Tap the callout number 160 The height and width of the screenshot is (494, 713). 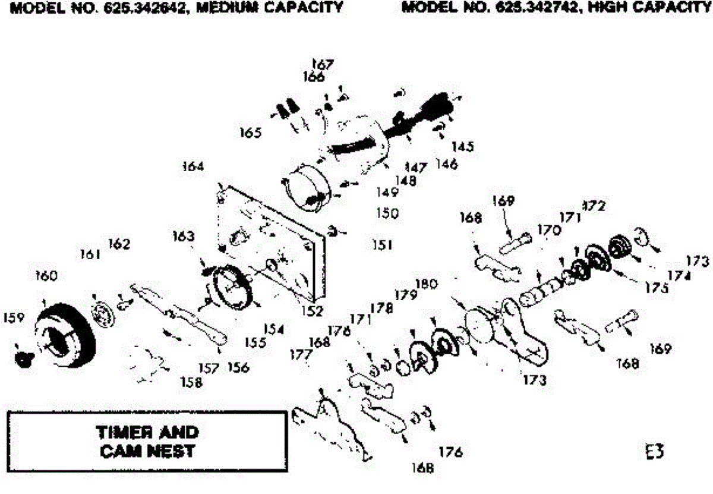tap(46, 276)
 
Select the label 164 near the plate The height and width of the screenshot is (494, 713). tap(193, 167)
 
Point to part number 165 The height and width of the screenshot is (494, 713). tap(250, 133)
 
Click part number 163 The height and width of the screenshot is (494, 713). tap(184, 237)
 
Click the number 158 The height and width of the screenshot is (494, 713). tap(191, 383)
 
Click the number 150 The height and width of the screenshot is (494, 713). tap(387, 212)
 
